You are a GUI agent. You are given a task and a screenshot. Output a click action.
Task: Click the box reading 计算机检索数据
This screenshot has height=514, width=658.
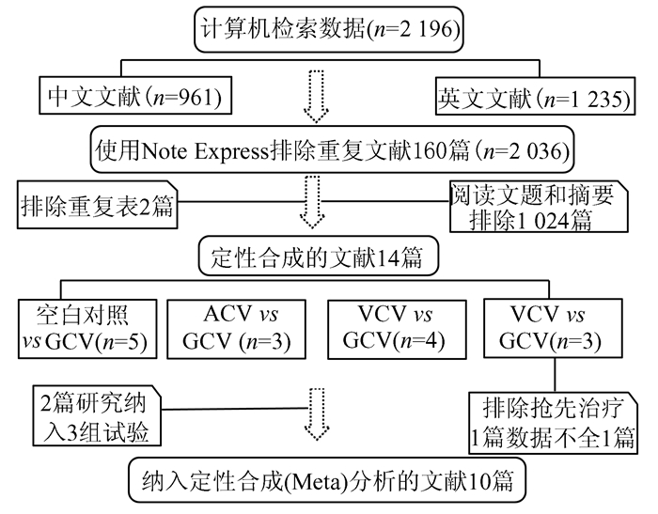click(x=329, y=29)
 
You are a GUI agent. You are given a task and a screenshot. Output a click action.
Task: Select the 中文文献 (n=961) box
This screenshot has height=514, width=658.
click(x=135, y=95)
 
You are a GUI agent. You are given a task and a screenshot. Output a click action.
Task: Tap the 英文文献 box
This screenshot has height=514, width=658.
click(x=535, y=96)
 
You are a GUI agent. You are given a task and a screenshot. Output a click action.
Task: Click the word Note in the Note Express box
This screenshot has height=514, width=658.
click(x=164, y=151)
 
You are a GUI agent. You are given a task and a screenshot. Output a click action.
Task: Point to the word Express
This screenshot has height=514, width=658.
click(x=231, y=151)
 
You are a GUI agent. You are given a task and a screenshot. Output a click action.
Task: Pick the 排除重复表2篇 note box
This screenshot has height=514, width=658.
click(x=98, y=205)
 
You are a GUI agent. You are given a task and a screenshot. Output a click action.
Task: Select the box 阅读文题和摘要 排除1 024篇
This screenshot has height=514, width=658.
click(x=539, y=207)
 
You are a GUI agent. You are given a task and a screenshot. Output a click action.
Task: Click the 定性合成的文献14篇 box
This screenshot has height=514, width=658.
click(x=318, y=257)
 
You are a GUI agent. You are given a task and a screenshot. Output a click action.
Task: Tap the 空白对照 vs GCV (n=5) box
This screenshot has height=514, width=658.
click(x=87, y=329)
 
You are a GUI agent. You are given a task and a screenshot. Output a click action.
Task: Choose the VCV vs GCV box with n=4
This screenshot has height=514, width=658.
click(x=397, y=330)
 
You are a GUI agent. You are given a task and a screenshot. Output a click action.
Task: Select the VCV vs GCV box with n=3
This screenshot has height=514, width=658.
click(x=553, y=328)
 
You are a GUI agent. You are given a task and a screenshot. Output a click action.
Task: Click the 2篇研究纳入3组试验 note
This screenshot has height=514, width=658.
click(x=97, y=416)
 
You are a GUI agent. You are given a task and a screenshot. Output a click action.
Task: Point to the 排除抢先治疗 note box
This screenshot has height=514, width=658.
click(x=553, y=423)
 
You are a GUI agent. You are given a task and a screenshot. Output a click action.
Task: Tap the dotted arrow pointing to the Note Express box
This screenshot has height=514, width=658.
click(x=316, y=97)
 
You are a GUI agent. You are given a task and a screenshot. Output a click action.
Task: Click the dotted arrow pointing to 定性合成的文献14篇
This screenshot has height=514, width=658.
click(x=312, y=202)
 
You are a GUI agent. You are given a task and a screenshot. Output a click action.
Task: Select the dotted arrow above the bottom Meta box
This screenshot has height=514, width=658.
click(x=317, y=414)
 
